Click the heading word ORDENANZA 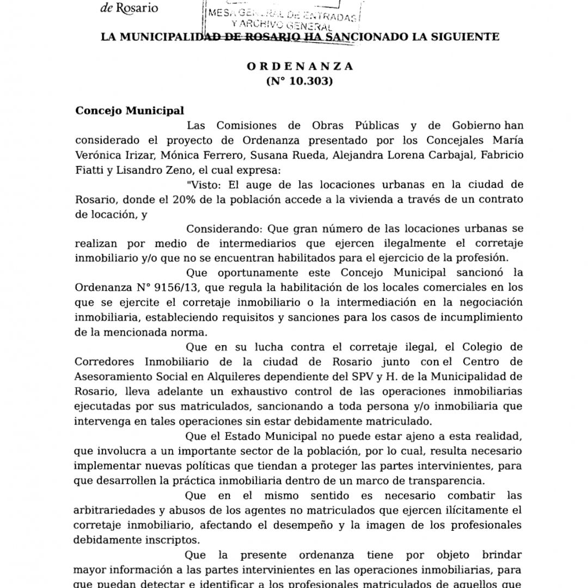pos(300,66)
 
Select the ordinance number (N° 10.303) pos(300,82)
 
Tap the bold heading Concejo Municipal pos(122,111)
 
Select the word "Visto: pos(203,184)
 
